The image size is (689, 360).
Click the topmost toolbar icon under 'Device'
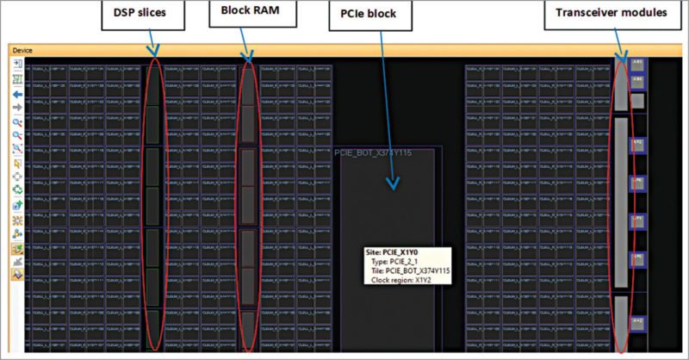(16, 65)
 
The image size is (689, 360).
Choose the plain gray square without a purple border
(638, 101)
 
